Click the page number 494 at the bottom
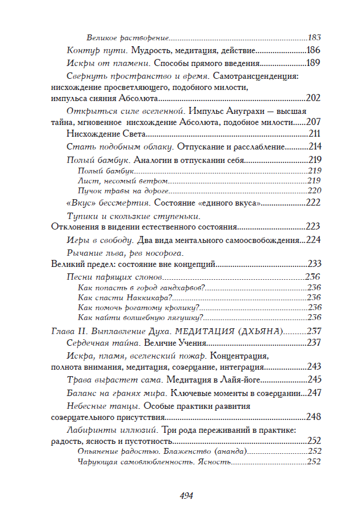point(186,495)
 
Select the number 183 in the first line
point(315,36)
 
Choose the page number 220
point(315,190)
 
